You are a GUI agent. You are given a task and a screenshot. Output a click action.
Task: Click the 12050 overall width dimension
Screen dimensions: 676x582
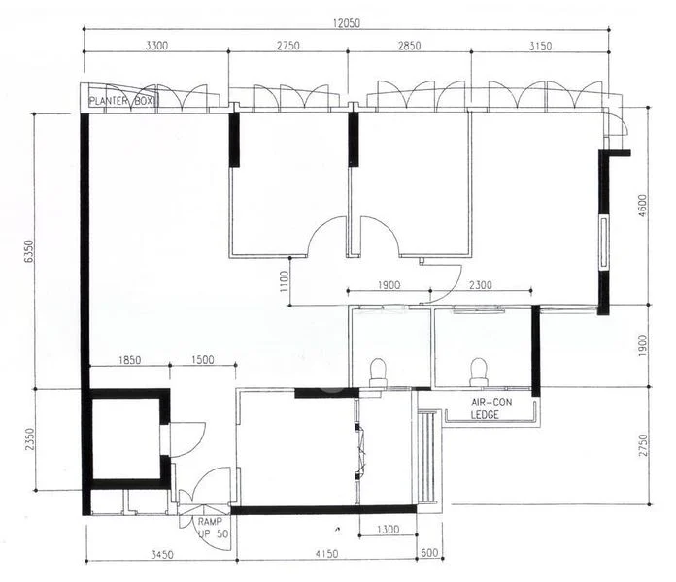click(346, 23)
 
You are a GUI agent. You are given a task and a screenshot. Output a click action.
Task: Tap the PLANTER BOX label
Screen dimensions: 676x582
click(121, 101)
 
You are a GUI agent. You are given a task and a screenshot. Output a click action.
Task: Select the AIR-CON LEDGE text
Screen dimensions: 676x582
click(491, 408)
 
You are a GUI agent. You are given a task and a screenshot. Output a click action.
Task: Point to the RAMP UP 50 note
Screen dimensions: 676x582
click(213, 528)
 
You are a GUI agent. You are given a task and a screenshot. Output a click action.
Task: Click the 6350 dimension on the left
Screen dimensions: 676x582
click(29, 251)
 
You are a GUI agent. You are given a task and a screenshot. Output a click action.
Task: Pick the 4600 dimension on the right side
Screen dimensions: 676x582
click(642, 206)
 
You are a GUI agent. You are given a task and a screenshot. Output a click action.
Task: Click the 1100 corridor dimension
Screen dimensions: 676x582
click(284, 281)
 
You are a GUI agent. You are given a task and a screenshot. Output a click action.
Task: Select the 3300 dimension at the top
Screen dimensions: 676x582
click(156, 46)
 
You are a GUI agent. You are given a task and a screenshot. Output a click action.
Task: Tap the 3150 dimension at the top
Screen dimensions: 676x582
click(540, 46)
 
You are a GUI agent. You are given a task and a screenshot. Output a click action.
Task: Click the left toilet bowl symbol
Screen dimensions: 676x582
click(378, 372)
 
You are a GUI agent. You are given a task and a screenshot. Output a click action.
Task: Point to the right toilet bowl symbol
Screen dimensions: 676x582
click(479, 372)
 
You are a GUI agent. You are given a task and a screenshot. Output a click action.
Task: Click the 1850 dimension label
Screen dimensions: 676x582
click(129, 360)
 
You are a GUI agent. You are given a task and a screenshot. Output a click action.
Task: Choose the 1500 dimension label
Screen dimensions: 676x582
click(203, 360)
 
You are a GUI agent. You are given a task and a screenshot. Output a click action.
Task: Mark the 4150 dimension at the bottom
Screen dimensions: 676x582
click(326, 553)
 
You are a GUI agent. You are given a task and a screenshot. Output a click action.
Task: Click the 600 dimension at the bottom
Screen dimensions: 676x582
click(429, 553)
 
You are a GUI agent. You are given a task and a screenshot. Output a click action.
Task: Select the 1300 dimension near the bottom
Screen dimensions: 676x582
click(388, 529)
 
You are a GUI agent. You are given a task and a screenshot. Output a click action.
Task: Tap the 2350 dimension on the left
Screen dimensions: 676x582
click(29, 439)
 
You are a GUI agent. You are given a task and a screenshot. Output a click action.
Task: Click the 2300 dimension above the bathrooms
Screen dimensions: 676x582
click(480, 285)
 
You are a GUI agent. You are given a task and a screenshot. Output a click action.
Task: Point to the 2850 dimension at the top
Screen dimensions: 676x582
click(409, 46)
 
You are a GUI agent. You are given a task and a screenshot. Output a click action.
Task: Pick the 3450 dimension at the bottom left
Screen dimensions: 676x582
click(161, 554)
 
